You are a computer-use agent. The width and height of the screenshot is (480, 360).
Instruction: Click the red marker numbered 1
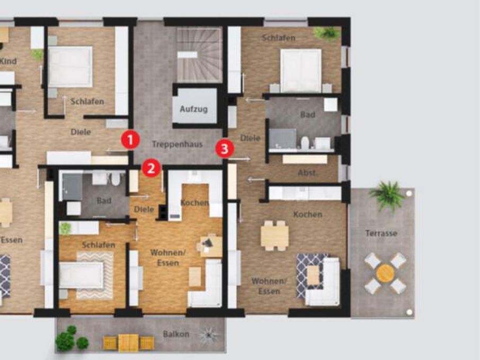click(x=130, y=140)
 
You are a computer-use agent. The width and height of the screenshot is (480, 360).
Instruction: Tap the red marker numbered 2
click(x=151, y=168)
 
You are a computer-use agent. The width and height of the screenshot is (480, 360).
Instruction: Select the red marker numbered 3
click(x=224, y=149)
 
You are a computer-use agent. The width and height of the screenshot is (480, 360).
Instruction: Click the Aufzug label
click(x=193, y=109)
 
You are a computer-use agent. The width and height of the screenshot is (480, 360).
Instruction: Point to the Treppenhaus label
click(x=177, y=144)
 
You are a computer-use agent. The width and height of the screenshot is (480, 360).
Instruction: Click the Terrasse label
click(x=381, y=233)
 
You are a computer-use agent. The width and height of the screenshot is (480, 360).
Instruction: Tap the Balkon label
click(x=176, y=334)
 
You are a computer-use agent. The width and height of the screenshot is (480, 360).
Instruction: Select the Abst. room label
click(x=307, y=173)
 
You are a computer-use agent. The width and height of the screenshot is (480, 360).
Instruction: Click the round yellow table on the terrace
click(x=385, y=273)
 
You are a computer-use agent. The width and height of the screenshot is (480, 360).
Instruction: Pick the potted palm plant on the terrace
click(x=388, y=195)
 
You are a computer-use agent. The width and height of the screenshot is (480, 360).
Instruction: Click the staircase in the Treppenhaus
click(x=199, y=55)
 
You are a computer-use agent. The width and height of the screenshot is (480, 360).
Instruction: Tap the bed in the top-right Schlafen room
click(x=300, y=70)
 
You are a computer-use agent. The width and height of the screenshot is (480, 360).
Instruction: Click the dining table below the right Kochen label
click(x=274, y=236)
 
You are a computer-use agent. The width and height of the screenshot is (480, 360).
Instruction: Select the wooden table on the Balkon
click(x=128, y=343)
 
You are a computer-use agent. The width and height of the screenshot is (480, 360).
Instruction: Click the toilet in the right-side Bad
click(x=305, y=142)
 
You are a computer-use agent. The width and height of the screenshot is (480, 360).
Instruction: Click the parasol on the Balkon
click(x=208, y=335)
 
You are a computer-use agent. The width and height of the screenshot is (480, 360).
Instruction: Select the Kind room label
click(x=8, y=61)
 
